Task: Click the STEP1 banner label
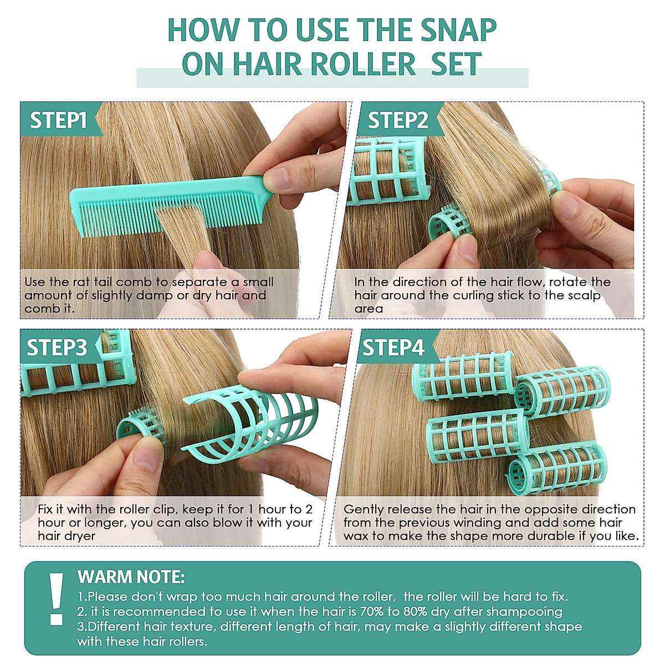point(58,120)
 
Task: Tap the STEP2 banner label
point(398,120)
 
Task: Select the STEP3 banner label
point(57,347)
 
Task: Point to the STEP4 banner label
point(393,347)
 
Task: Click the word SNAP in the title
point(458,30)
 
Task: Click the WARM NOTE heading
point(131,577)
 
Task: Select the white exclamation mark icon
point(56,598)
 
